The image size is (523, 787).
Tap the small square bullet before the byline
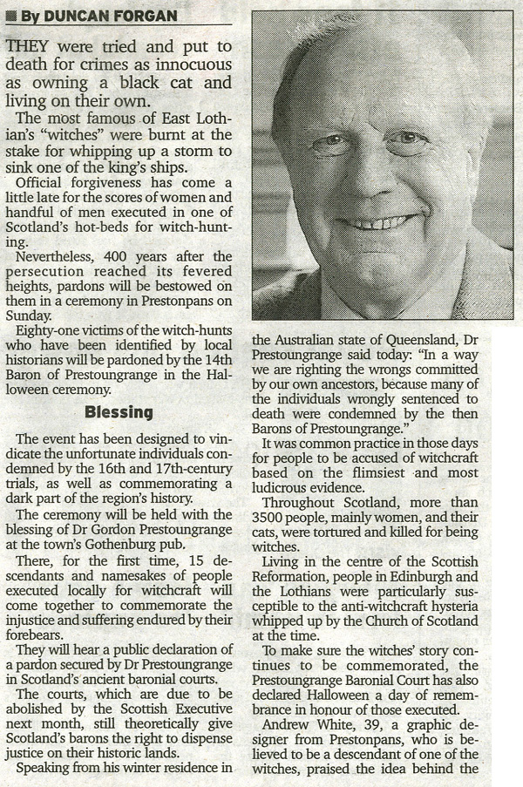point(10,15)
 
